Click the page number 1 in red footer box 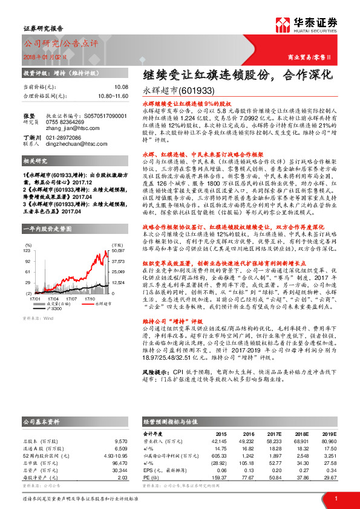[335, 498]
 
